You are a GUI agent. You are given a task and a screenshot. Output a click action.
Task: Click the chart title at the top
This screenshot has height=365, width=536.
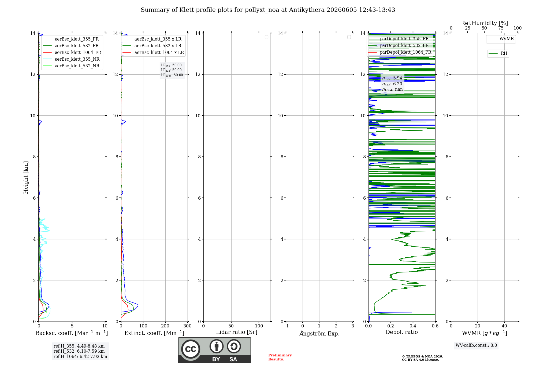point(268,10)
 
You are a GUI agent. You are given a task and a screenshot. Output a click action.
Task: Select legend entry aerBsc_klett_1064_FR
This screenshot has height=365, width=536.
point(72,52)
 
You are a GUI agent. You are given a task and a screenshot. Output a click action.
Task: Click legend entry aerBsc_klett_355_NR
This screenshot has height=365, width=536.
point(71,59)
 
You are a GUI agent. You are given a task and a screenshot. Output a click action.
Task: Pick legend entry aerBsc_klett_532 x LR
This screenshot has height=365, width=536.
point(152,46)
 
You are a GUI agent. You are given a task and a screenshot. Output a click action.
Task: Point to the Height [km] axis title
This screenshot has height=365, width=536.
point(26,177)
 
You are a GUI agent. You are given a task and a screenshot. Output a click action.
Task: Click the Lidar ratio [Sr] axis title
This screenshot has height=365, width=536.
point(237,332)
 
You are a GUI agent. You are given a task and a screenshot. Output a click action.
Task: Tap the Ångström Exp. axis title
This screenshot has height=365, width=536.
point(319,333)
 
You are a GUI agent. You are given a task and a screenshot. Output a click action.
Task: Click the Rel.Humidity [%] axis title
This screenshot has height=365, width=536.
point(484,23)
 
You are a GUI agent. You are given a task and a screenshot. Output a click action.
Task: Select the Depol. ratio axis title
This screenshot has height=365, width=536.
point(402,332)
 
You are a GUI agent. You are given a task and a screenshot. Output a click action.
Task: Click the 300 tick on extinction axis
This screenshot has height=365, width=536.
point(187,326)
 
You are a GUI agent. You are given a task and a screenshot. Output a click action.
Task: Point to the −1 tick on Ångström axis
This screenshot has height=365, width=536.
point(286,326)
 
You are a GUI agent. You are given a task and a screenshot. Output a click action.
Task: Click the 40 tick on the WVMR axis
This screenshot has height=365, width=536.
point(504,326)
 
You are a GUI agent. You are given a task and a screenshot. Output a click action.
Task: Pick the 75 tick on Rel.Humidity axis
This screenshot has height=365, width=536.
point(501,28)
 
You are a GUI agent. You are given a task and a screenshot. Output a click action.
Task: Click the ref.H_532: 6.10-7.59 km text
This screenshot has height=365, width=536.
point(79,351)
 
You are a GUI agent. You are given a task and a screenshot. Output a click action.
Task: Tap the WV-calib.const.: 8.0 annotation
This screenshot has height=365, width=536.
point(476,345)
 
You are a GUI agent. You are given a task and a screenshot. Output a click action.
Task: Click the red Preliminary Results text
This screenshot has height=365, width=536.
point(280,357)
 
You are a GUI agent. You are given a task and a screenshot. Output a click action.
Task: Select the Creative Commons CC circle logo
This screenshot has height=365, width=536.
point(191,349)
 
